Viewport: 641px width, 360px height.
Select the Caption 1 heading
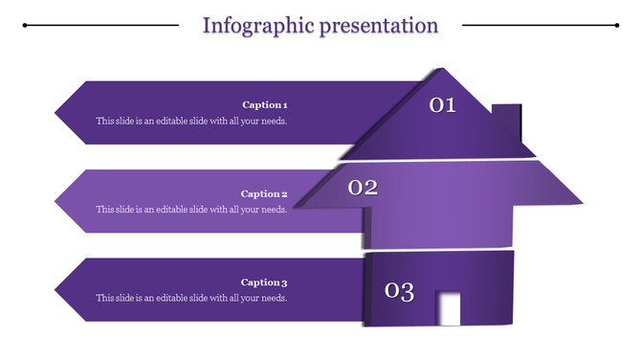[x=264, y=104]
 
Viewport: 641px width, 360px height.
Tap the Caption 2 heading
[x=264, y=193]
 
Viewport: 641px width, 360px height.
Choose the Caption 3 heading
[x=264, y=282]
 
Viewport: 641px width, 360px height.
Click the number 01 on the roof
[x=442, y=105]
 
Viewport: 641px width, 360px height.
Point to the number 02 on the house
[x=363, y=188]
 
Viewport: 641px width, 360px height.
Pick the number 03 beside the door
[x=399, y=291]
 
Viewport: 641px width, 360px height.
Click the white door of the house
[x=448, y=308]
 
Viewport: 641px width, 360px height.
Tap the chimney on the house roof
[x=506, y=123]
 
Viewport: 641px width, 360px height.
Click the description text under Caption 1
[x=191, y=122]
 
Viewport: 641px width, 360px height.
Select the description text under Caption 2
[x=191, y=210]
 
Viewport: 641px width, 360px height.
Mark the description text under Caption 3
[x=191, y=299]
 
